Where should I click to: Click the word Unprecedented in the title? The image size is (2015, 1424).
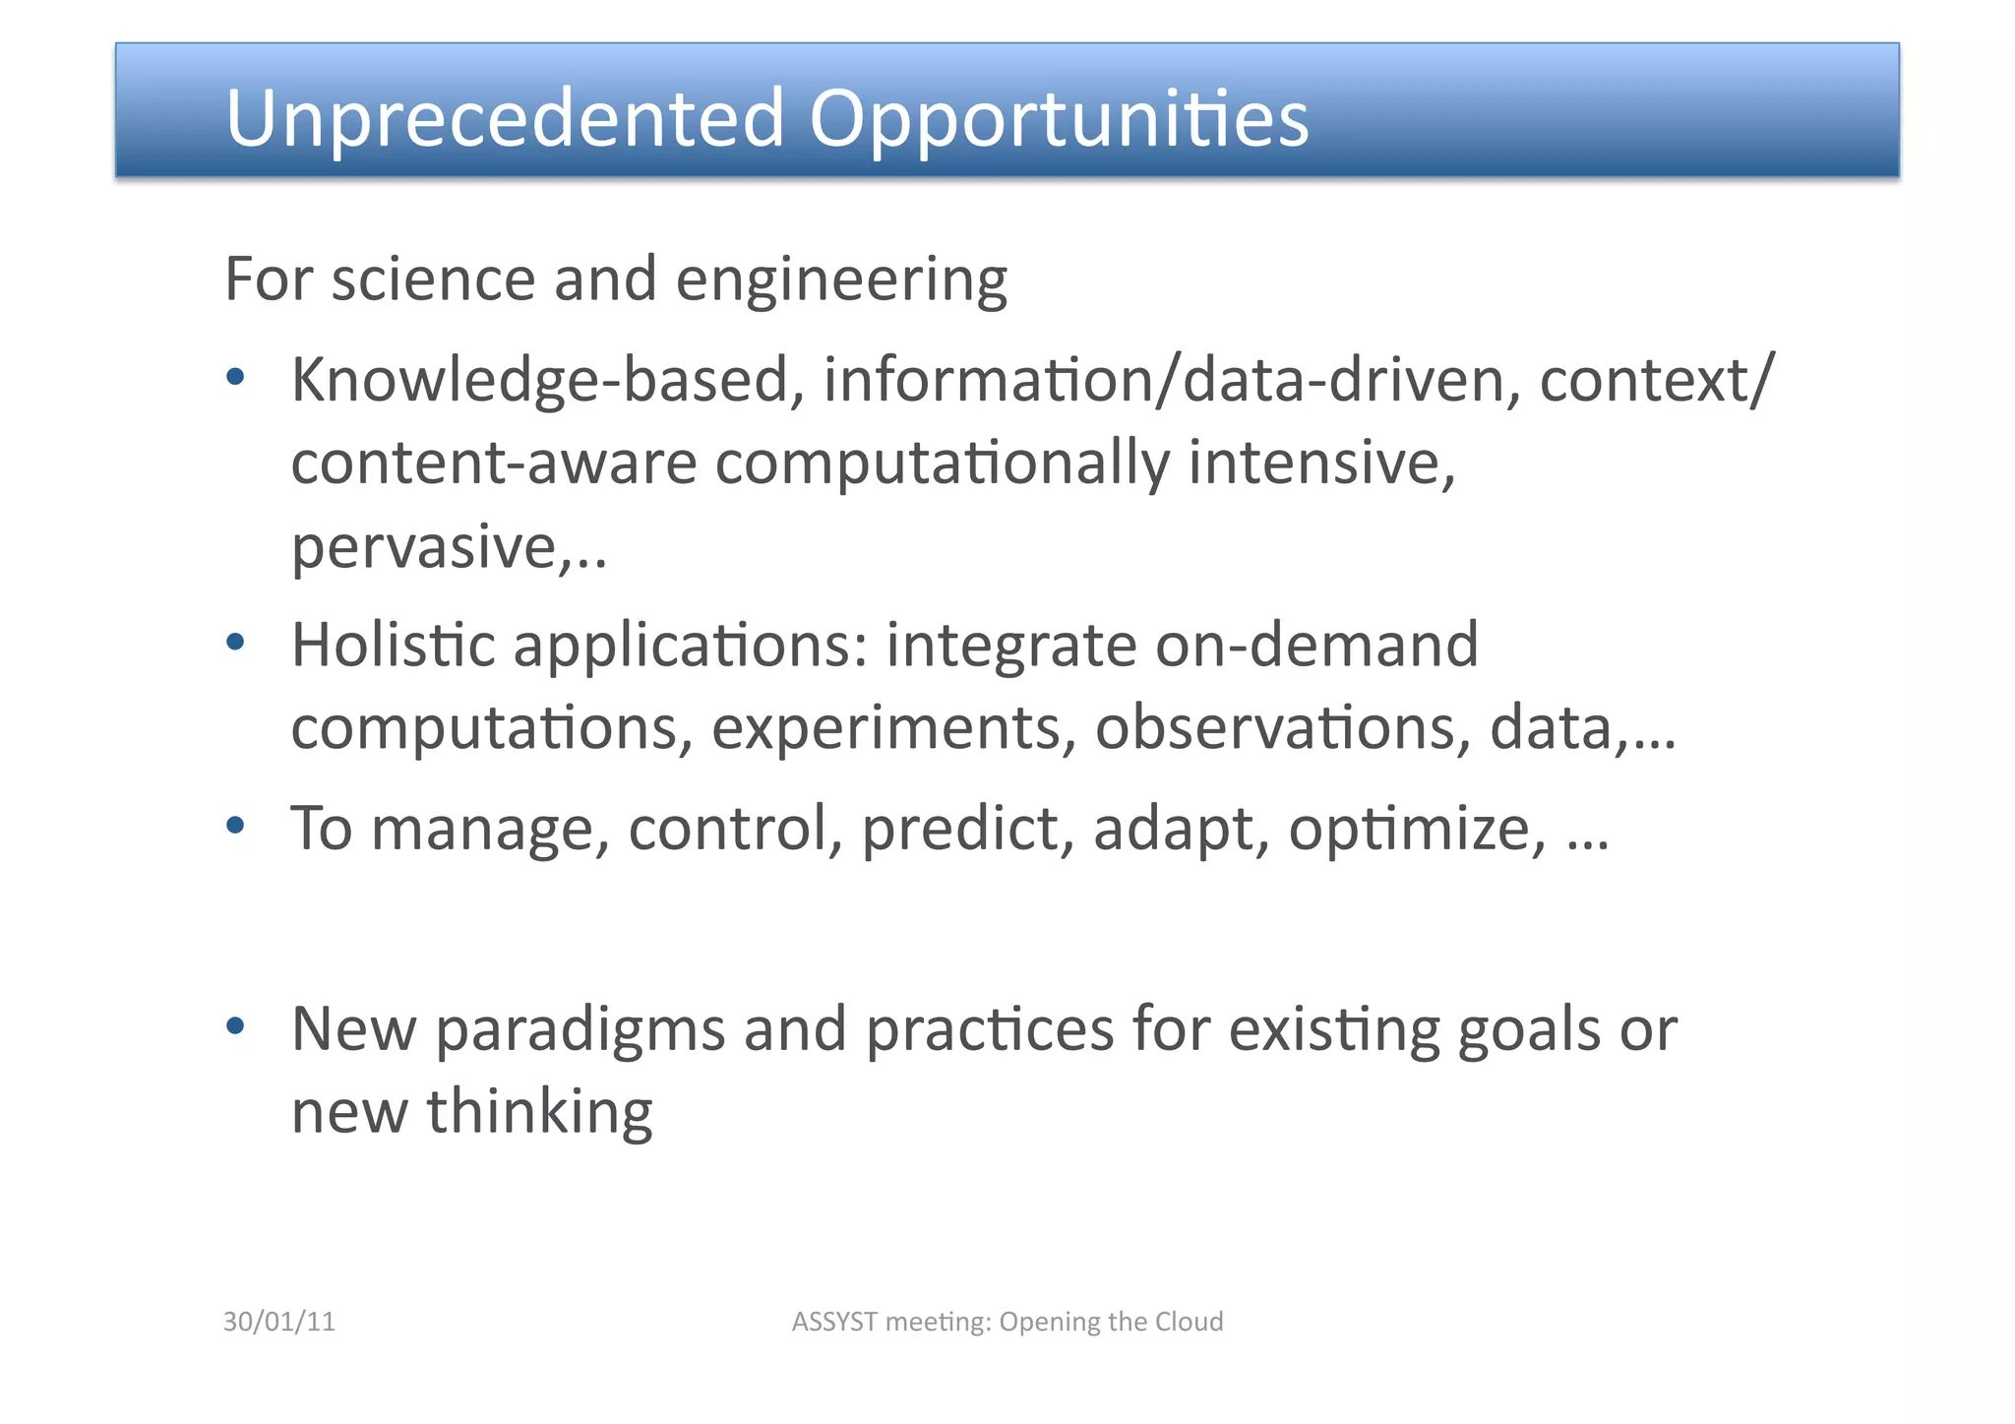[505, 118]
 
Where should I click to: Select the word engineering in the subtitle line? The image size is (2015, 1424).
[841, 280]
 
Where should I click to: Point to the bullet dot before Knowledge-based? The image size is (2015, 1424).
[235, 376]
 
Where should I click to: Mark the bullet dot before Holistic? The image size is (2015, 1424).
[235, 642]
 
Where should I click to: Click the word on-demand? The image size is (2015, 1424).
[1316, 645]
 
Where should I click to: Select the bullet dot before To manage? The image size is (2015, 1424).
[235, 825]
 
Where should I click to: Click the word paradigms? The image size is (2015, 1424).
[580, 1030]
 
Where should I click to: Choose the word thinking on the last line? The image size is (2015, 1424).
[539, 1112]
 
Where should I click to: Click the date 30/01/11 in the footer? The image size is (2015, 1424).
[279, 1322]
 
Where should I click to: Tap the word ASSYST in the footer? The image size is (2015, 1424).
[834, 1322]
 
